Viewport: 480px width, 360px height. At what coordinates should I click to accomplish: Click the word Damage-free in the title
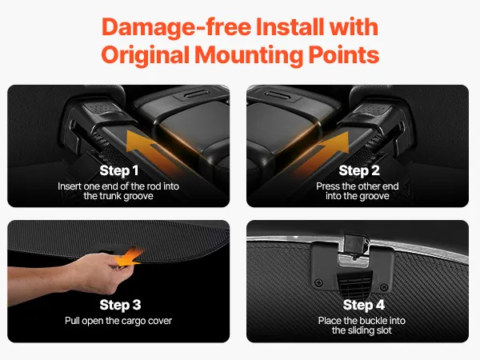(x=176, y=27)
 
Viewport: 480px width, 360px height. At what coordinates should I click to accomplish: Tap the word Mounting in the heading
(x=249, y=55)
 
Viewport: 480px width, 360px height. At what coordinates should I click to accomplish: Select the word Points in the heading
(x=344, y=54)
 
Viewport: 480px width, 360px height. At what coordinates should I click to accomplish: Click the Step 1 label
(x=119, y=171)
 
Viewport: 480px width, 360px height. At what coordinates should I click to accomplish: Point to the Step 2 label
(x=359, y=171)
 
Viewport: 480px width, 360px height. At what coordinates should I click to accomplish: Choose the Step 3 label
(x=120, y=306)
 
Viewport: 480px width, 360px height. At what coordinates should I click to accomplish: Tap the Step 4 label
(x=364, y=306)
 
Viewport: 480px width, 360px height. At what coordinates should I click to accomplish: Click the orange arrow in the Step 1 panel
(x=150, y=151)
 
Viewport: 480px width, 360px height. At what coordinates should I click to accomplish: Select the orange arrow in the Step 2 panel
(x=325, y=153)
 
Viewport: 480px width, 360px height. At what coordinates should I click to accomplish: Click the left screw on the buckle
(x=318, y=282)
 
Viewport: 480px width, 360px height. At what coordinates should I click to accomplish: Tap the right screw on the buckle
(x=384, y=287)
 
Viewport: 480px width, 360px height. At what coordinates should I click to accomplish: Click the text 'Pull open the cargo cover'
(x=118, y=321)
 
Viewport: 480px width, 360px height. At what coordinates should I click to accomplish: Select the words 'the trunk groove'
(x=118, y=196)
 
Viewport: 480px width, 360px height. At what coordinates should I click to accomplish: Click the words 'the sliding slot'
(x=362, y=330)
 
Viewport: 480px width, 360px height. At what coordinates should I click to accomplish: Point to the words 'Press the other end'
(x=358, y=186)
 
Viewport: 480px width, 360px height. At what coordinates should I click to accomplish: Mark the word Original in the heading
(x=145, y=55)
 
